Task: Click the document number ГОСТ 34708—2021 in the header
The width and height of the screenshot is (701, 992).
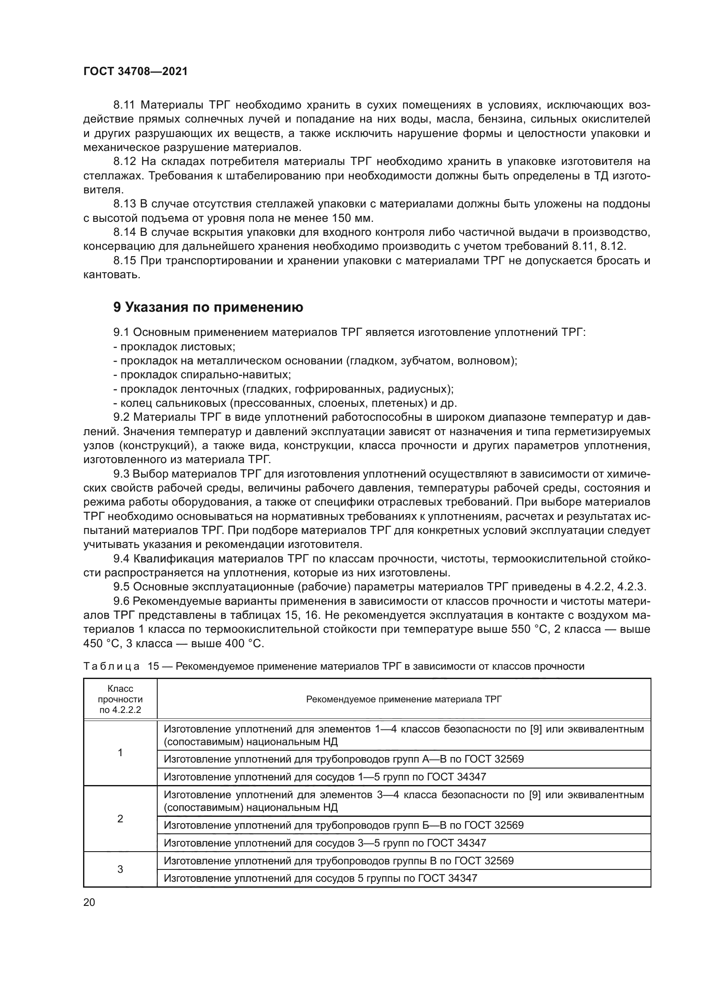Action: [136, 72]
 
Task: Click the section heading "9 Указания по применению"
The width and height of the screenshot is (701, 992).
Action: [208, 307]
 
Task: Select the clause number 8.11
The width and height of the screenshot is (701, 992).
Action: [124, 105]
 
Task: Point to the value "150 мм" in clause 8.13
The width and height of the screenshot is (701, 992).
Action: [352, 218]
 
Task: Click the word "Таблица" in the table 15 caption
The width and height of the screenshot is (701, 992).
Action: [111, 666]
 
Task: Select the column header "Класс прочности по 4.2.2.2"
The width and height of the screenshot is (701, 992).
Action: [120, 699]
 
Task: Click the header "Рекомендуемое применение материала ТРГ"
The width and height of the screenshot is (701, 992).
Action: [403, 699]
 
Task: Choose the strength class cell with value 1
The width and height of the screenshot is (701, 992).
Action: [120, 753]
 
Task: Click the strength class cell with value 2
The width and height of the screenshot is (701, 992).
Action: [120, 819]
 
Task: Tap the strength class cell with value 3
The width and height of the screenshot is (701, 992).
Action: [120, 869]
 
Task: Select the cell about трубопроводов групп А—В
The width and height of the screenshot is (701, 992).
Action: [344, 759]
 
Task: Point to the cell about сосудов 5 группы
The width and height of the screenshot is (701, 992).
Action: [320, 878]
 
